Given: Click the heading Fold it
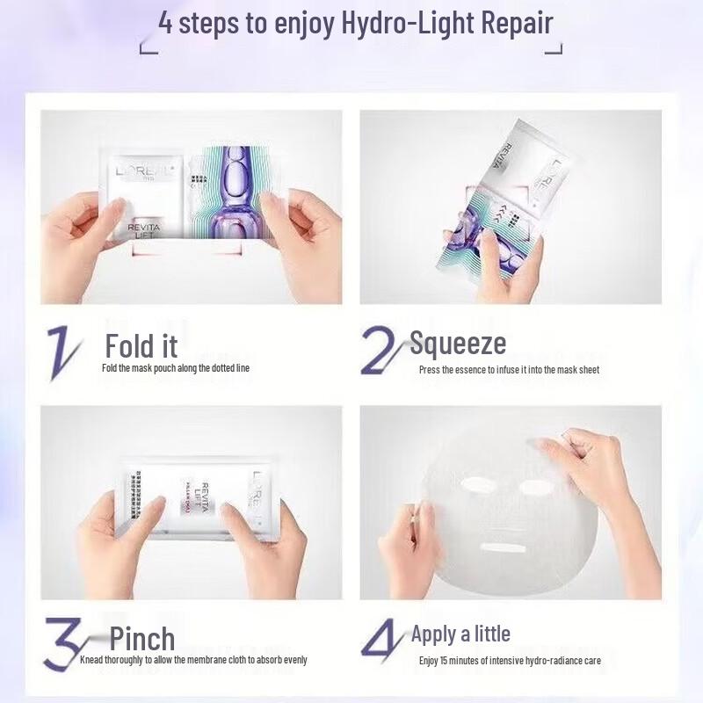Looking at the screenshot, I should click(x=141, y=345).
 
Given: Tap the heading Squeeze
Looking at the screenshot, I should click(x=458, y=343).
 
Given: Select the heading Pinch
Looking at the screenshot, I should click(x=142, y=639).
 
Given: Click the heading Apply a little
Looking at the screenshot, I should click(x=460, y=634).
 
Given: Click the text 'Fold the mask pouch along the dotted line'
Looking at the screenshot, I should click(x=176, y=368).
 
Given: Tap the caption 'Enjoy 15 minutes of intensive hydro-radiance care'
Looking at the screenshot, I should click(x=510, y=660).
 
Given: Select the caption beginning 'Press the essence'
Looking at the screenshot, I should click(x=509, y=370).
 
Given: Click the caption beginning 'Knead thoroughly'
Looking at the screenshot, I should click(x=193, y=660).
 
